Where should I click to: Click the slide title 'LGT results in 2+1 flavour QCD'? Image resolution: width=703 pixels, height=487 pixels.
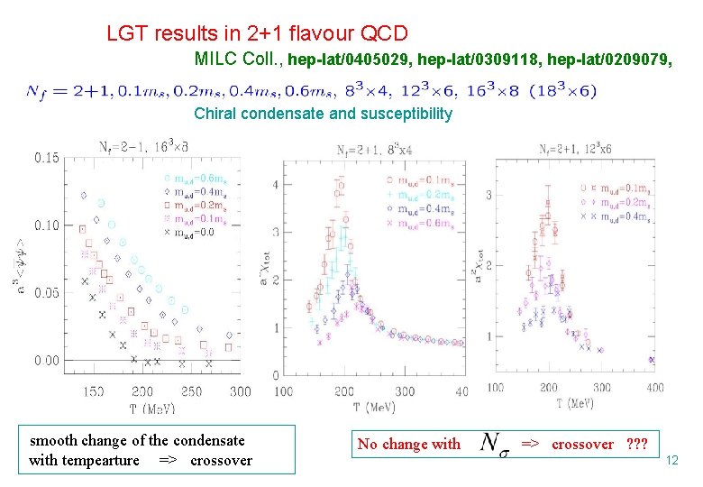coord(257,34)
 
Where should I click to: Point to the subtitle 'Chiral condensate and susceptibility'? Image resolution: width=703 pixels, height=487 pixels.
coord(323,114)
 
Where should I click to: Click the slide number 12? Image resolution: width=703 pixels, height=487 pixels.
coord(671,461)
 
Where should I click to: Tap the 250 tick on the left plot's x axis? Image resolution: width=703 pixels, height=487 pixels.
coord(191,392)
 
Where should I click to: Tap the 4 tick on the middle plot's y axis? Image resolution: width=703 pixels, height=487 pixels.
coord(275,185)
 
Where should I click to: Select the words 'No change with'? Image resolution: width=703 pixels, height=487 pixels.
coord(408,444)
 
